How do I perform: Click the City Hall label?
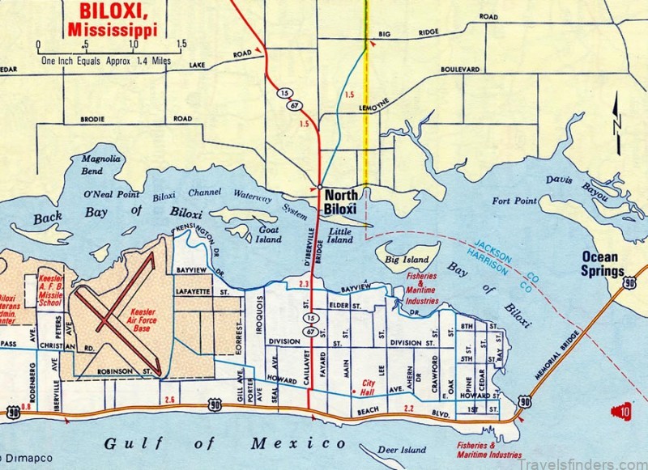[373, 388]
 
